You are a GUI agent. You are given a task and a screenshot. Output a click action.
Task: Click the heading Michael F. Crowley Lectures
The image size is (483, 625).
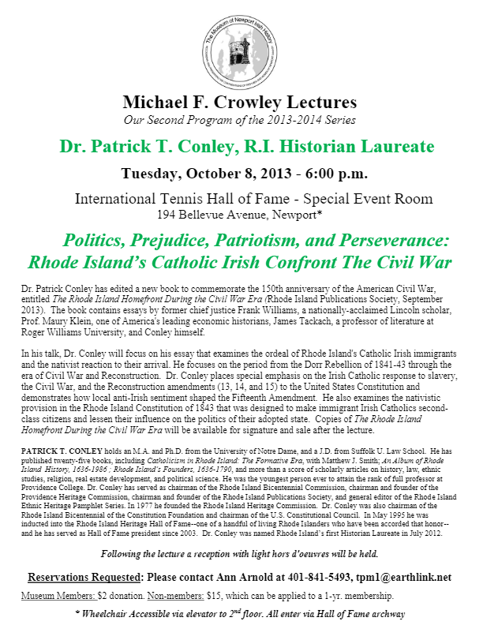point(240,103)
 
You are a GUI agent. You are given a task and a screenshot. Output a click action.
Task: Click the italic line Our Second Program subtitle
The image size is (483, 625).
point(239,120)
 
